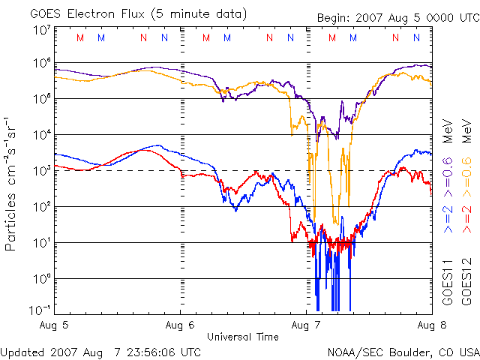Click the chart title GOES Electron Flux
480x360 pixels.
click(87, 14)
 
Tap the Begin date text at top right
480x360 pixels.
click(398, 18)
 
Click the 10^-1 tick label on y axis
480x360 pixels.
click(40, 310)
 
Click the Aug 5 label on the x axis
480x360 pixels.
click(54, 325)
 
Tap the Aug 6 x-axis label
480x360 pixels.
click(180, 325)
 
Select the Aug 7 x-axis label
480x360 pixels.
click(306, 325)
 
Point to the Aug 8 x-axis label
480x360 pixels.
click(432, 325)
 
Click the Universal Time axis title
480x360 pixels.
click(243, 337)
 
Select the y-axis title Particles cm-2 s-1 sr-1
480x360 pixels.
click(10, 184)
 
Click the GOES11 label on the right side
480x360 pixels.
click(448, 282)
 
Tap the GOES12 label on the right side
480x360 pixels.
click(466, 282)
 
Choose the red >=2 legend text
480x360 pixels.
click(466, 219)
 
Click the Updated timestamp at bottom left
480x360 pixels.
click(100, 352)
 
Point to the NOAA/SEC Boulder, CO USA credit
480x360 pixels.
click(403, 352)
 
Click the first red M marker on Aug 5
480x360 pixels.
click(80, 37)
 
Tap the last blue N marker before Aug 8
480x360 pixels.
click(416, 37)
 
